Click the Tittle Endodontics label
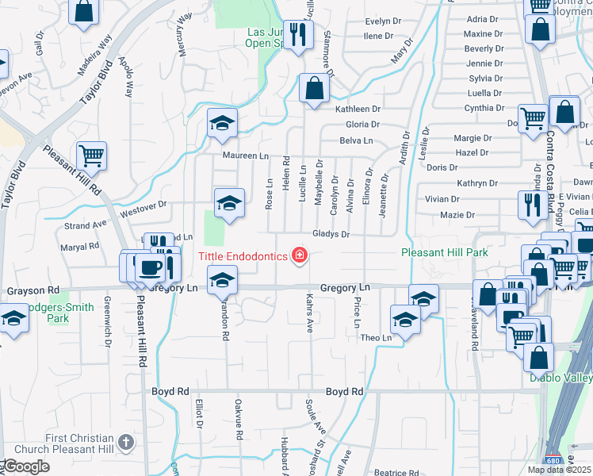(x=243, y=255)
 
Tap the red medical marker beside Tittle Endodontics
(x=300, y=255)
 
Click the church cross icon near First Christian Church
(x=125, y=442)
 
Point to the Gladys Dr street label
(x=331, y=235)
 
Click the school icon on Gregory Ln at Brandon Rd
(x=222, y=279)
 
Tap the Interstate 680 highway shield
(x=551, y=460)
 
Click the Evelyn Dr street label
(x=384, y=21)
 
